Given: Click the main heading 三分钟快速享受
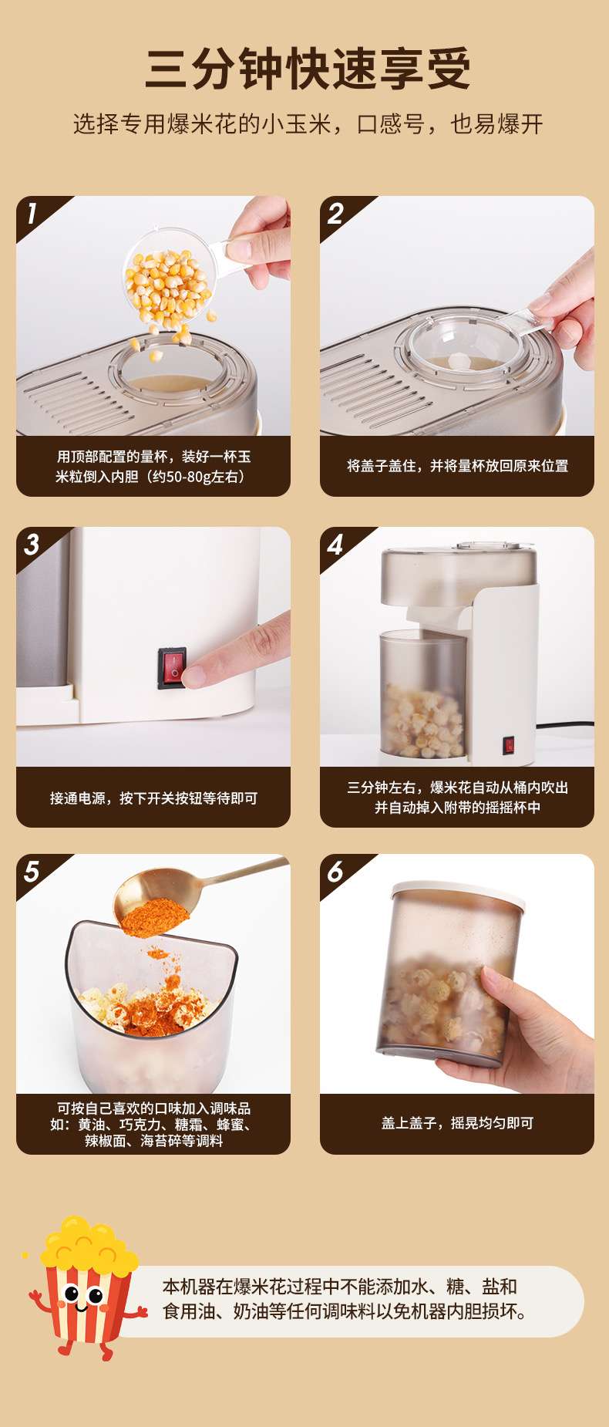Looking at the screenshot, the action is (307, 69).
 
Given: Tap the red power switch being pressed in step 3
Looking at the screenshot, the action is (172, 668).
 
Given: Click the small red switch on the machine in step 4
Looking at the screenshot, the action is (509, 745).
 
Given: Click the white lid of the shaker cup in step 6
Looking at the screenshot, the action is (459, 893).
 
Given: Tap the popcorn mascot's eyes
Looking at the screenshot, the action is (83, 1294).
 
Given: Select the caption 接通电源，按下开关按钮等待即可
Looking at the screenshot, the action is (153, 798).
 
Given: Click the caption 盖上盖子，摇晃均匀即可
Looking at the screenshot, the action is (457, 1123).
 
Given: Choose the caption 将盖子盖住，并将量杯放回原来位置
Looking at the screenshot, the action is (457, 466).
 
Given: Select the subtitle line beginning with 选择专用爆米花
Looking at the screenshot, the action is (308, 124).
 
